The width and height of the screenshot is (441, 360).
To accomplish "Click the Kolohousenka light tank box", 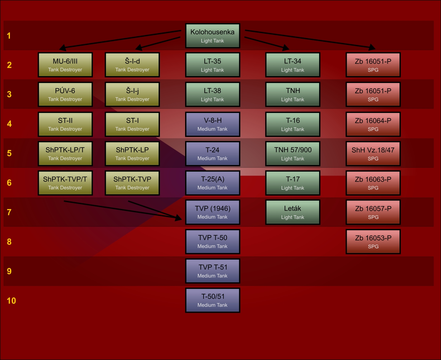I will (x=213, y=36).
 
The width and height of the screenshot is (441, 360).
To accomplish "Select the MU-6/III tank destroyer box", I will (x=65, y=65).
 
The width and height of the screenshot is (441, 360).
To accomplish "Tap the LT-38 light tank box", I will (x=213, y=94).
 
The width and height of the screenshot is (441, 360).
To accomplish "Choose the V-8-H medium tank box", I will (x=213, y=124).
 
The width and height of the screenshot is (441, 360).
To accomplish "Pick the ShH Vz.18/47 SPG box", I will (x=373, y=153).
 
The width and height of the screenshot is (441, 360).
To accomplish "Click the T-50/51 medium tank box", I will (x=213, y=300).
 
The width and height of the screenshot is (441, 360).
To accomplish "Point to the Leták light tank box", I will (x=293, y=212).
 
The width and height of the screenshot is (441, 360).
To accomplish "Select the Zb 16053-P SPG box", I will (x=373, y=241).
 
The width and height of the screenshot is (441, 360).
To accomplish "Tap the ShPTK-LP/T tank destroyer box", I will (x=65, y=153).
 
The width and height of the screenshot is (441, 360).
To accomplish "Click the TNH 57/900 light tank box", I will (x=293, y=153).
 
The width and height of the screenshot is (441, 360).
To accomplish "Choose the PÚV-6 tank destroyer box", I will (x=65, y=94).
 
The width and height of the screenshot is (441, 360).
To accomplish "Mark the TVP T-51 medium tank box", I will (x=213, y=271).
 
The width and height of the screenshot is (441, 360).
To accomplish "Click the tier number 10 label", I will (x=11, y=301).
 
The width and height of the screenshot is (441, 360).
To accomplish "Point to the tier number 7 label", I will (x=9, y=212).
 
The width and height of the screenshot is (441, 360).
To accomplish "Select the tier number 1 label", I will (x=9, y=36).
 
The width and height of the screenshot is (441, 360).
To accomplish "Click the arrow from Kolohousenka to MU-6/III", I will (x=122, y=39).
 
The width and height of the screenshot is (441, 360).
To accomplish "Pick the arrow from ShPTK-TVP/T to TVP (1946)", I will (x=122, y=210).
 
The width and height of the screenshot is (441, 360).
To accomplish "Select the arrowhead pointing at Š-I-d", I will (x=139, y=48).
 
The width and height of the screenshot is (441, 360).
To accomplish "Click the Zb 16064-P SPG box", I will (x=373, y=124).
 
